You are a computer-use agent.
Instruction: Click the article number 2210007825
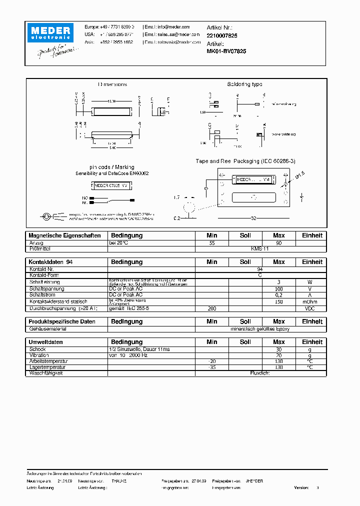221,36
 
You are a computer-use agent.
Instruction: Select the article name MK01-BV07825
226,51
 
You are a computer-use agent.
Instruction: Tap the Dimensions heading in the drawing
112,84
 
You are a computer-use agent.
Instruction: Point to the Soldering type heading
244,84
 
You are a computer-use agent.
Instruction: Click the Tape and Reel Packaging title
245,161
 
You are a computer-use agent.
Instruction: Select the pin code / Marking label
111,167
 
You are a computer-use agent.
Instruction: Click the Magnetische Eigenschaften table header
64,235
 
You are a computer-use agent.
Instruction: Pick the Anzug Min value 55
212,242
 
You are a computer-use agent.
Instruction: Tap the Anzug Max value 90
278,242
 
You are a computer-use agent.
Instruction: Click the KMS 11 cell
259,248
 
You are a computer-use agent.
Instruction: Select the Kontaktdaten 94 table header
50,262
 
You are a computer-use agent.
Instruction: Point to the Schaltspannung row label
46,288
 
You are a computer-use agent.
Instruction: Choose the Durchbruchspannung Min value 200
212,308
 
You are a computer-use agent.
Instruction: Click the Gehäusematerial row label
47,329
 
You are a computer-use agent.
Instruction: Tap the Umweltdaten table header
46,342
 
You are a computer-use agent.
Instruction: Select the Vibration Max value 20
278,355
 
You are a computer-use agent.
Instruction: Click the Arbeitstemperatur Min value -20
212,361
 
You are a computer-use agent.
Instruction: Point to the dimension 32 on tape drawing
253,218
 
